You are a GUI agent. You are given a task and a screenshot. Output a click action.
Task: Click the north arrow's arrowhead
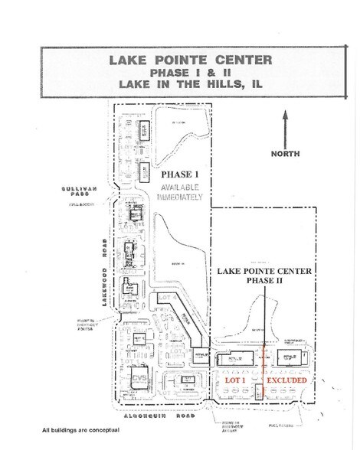[284, 116]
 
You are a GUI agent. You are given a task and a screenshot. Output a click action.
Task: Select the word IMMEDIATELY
[182, 197]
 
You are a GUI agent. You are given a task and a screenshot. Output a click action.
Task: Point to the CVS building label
[139, 379]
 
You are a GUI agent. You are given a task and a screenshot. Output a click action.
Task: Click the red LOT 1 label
[234, 380]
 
